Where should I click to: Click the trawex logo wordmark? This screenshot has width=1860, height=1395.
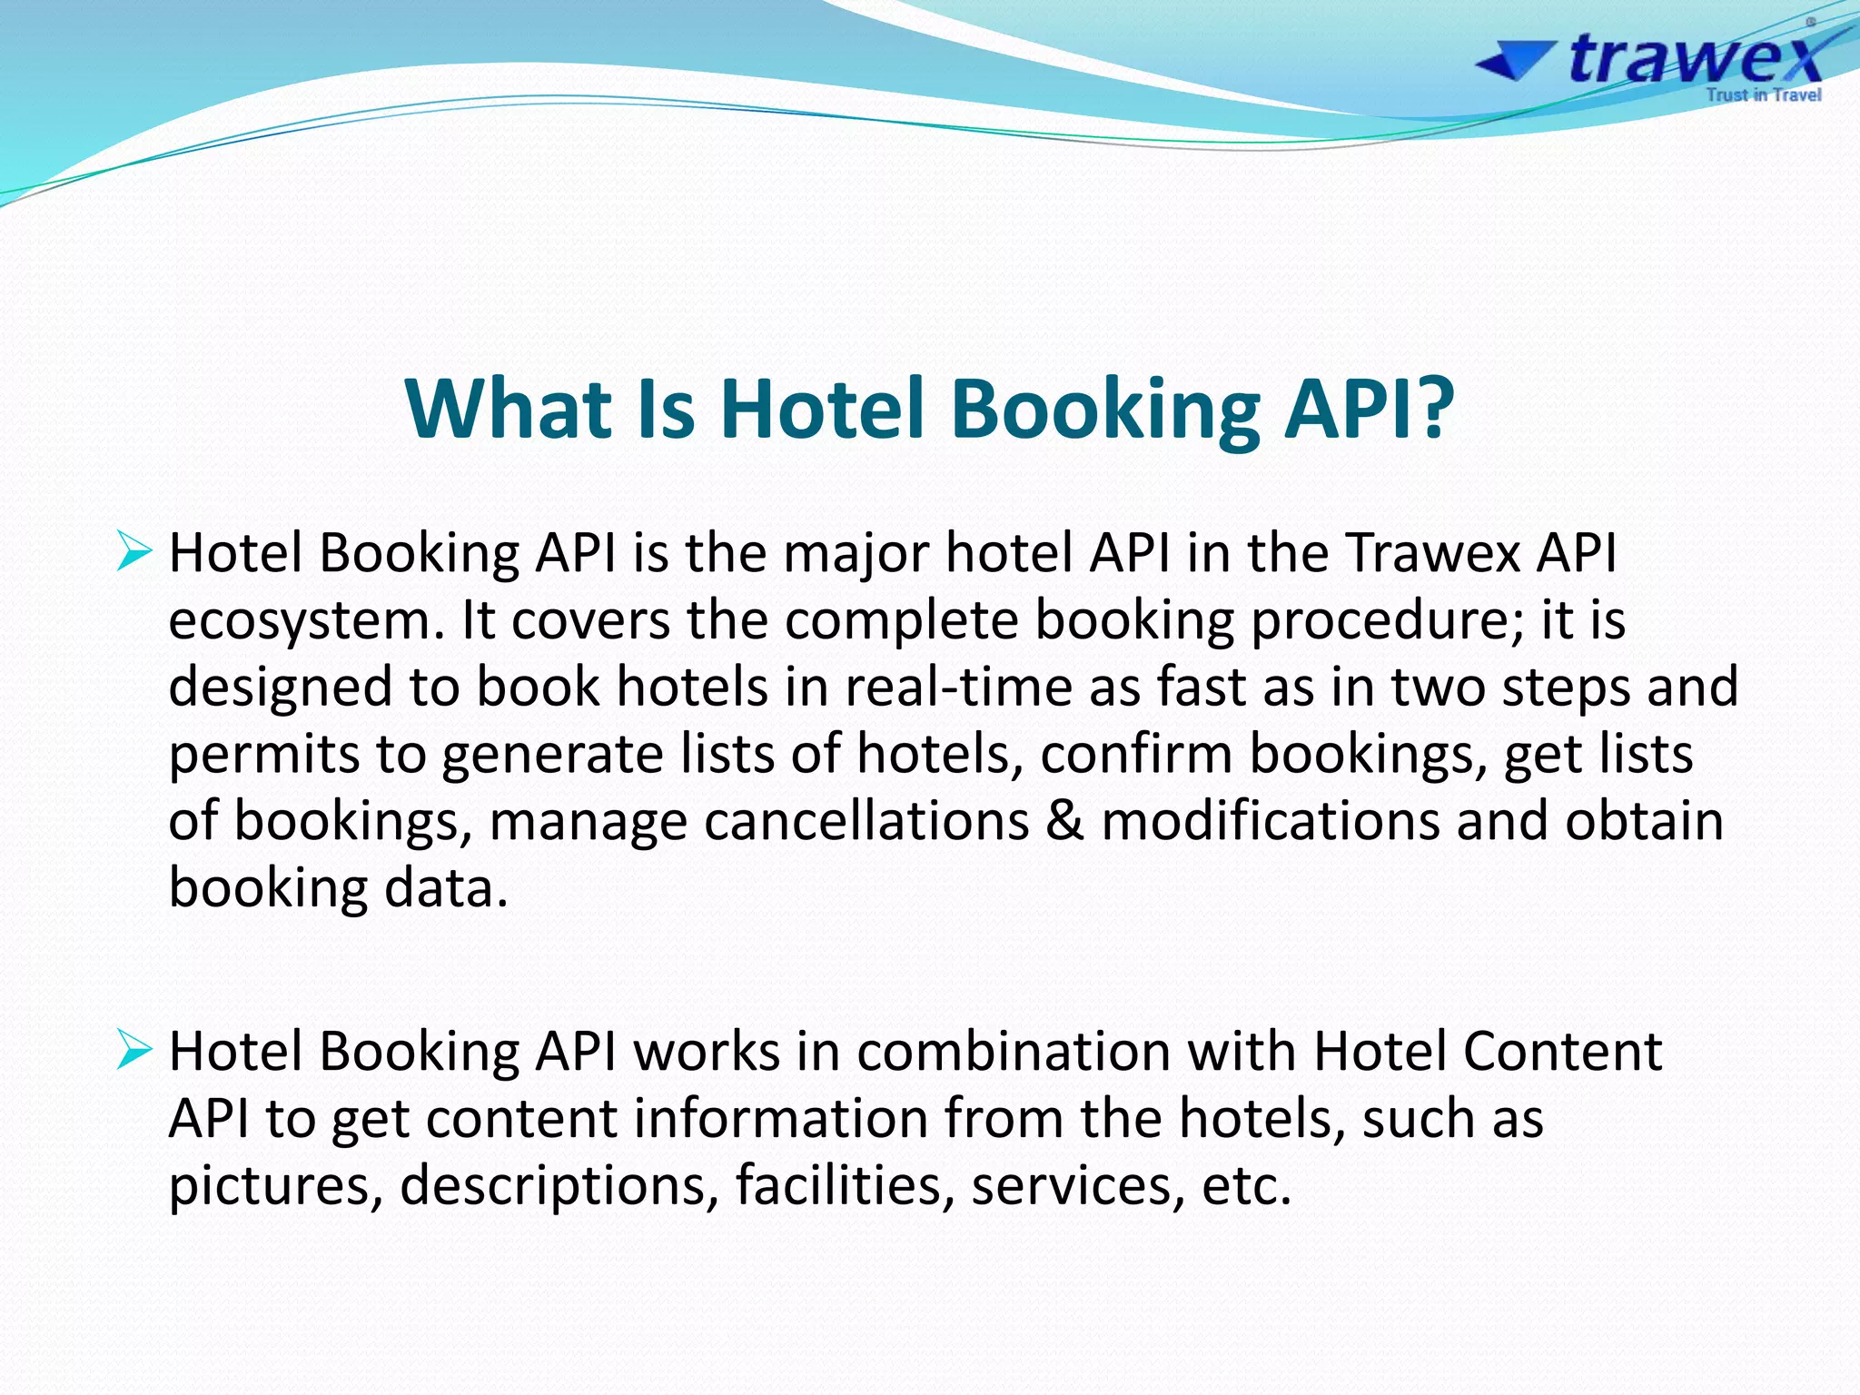(1695, 59)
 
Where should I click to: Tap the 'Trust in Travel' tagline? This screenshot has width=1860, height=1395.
(1763, 94)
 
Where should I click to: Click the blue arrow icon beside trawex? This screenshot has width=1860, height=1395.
(1511, 63)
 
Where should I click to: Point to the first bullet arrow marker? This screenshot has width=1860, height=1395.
(134, 553)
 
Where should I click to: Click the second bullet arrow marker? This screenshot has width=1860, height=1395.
(134, 1052)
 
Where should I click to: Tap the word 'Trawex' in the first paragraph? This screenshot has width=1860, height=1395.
(1432, 553)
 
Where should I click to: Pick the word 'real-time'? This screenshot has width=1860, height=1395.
(958, 688)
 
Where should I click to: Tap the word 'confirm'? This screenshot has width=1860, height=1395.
(1135, 755)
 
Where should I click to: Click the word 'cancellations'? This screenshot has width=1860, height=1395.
(866, 821)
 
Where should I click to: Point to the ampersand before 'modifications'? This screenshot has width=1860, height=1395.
(1065, 821)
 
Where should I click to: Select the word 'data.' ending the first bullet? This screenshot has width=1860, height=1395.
(446, 888)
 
